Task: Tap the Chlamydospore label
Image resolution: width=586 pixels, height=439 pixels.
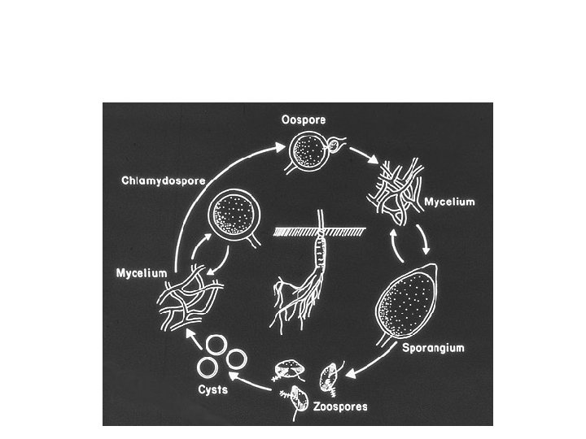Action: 163,180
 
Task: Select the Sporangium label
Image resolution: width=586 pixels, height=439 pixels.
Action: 433,347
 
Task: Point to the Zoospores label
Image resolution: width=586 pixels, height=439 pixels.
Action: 340,405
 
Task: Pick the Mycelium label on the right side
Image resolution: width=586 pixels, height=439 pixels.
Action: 449,201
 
